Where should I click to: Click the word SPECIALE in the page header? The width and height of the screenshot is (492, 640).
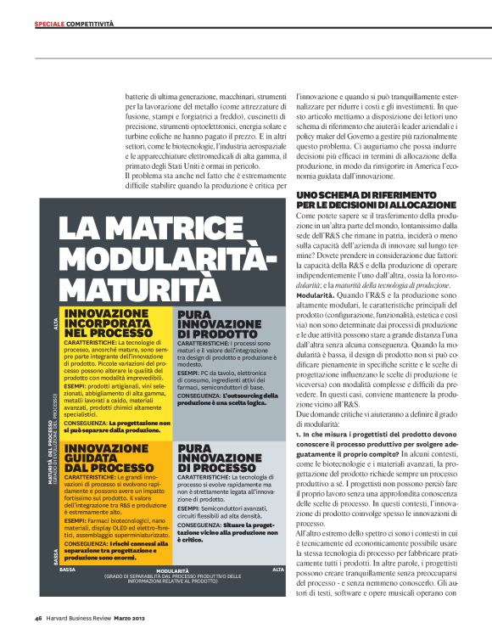point(49,24)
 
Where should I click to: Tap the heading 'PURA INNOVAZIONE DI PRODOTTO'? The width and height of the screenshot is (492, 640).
point(218,324)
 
